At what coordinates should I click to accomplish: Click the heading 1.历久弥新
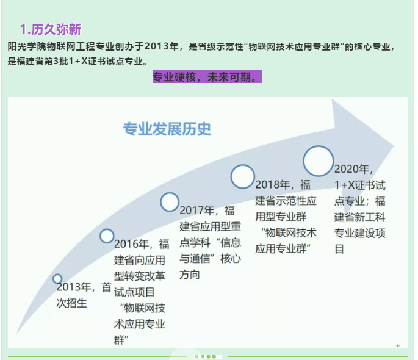51,29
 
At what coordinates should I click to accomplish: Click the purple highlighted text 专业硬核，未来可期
204,77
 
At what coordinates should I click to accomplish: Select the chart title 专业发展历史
167,129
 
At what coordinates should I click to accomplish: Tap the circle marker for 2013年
57,279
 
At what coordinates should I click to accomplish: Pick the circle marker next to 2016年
107,236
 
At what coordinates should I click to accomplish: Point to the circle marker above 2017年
170,202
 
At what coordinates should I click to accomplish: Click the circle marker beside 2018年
242,176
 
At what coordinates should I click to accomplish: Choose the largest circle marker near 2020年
319,161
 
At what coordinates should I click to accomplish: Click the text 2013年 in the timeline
74,287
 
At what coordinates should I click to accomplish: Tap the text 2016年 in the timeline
131,244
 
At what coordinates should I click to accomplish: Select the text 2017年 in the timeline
197,211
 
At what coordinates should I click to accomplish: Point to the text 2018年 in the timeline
273,185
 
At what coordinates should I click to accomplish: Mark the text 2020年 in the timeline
351,169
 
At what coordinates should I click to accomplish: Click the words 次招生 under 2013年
72,303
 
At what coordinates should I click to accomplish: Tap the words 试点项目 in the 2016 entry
134,292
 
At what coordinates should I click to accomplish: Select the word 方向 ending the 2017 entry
190,275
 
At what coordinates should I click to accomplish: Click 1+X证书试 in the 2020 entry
360,185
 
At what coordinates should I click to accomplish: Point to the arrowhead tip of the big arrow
394,146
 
